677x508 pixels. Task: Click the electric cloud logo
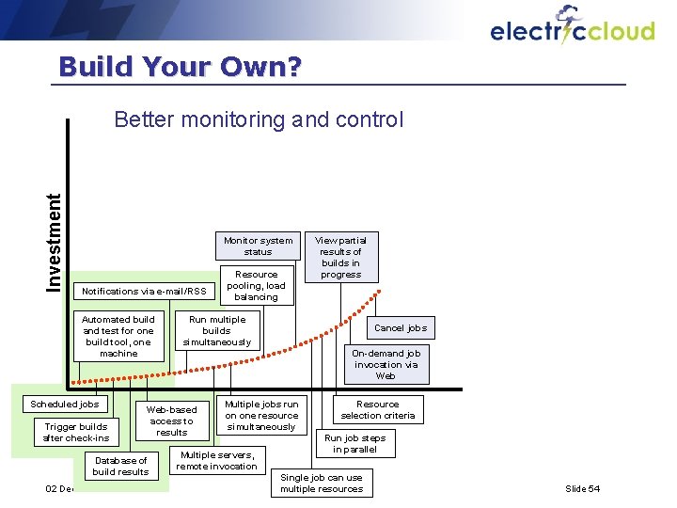pyautogui.click(x=572, y=28)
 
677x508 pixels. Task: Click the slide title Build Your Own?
pyautogui.click(x=180, y=67)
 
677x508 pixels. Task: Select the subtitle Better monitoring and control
pyautogui.click(x=258, y=119)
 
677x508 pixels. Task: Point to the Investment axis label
pyautogui.click(x=55, y=242)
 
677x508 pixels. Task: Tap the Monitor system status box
pyautogui.click(x=258, y=246)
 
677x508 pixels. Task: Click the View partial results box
pyautogui.click(x=340, y=257)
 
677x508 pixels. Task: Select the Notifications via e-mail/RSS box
pyautogui.click(x=144, y=291)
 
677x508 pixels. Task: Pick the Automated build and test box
pyautogui.click(x=118, y=336)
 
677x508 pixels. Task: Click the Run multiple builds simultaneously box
pyautogui.click(x=217, y=331)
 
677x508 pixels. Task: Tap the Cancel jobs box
pyautogui.click(x=401, y=327)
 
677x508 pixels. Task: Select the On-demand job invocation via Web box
pyautogui.click(x=386, y=365)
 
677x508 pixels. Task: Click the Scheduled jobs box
pyautogui.click(x=65, y=405)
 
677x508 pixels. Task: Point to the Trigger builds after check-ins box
pyautogui.click(x=76, y=433)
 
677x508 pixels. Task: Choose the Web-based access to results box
pyautogui.click(x=172, y=421)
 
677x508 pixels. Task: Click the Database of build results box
pyautogui.click(x=120, y=466)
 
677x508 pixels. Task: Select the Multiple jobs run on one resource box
pyautogui.click(x=261, y=415)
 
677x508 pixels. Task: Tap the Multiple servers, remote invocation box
pyautogui.click(x=217, y=460)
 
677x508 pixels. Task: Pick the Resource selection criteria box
pyautogui.click(x=377, y=409)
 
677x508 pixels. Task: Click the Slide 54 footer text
pyautogui.click(x=582, y=488)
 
